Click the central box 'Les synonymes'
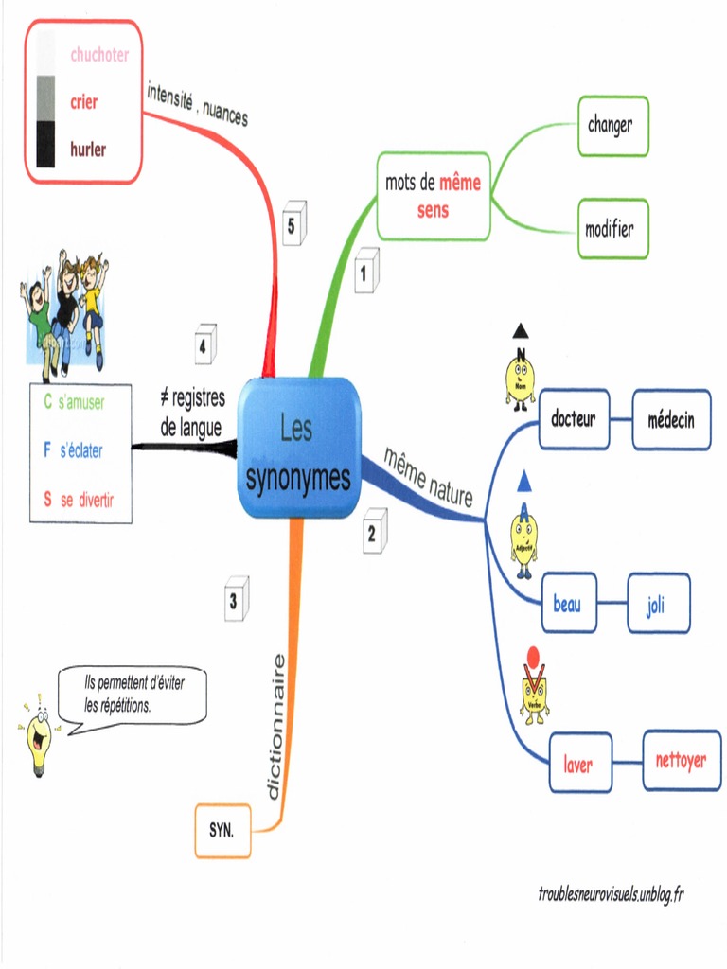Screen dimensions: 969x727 [298, 448]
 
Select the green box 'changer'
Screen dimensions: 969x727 [612, 125]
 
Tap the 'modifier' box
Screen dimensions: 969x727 [612, 229]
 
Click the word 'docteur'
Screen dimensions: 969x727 [574, 419]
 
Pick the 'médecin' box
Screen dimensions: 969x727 [671, 419]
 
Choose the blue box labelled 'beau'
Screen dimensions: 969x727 [568, 603]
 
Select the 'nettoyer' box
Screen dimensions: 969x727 [682, 760]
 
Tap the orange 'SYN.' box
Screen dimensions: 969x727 [222, 831]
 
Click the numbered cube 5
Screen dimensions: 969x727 [293, 224]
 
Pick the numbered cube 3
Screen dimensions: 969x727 [235, 599]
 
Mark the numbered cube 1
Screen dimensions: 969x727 [365, 272]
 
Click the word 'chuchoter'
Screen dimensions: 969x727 [99, 55]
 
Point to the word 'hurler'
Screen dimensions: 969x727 [88, 149]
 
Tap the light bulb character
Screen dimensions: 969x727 [38, 737]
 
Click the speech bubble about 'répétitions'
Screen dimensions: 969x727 [131, 696]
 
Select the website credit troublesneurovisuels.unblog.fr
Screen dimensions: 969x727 [610, 895]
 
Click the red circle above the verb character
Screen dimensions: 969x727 [533, 655]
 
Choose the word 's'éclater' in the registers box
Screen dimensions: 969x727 [81, 452]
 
